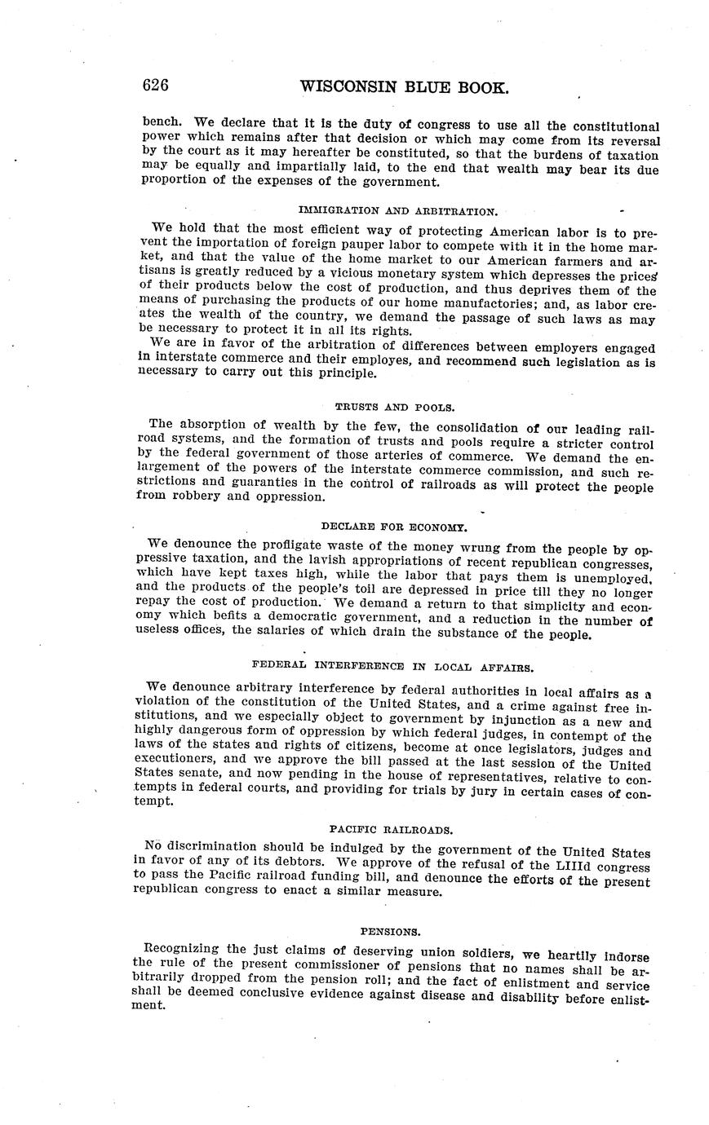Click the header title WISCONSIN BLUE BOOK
click(405, 87)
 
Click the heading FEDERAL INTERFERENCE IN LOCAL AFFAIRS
click(393, 667)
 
